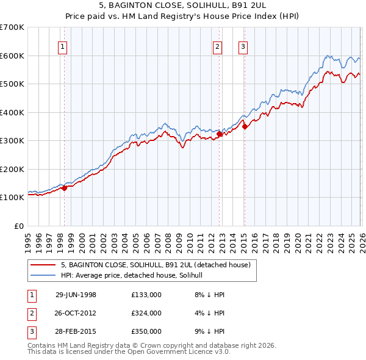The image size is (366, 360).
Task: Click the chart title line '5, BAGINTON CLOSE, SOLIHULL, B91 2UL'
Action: pos(183,5)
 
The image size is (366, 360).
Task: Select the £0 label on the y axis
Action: pos(20,226)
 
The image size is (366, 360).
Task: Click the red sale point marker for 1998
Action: pos(65,188)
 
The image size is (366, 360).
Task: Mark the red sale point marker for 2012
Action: pos(219,134)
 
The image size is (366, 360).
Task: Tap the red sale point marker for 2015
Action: pos(244,126)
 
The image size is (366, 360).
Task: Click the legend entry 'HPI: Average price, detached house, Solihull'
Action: pos(135,276)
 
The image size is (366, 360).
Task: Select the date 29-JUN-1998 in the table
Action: pos(76,295)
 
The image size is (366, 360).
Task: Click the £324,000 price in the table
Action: pos(146,313)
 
